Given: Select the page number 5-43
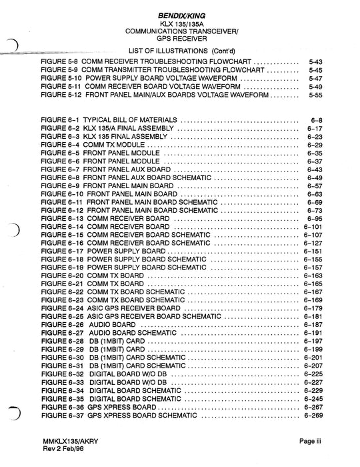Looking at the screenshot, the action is click(x=316, y=61).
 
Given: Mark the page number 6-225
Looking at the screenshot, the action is click(x=313, y=374).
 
